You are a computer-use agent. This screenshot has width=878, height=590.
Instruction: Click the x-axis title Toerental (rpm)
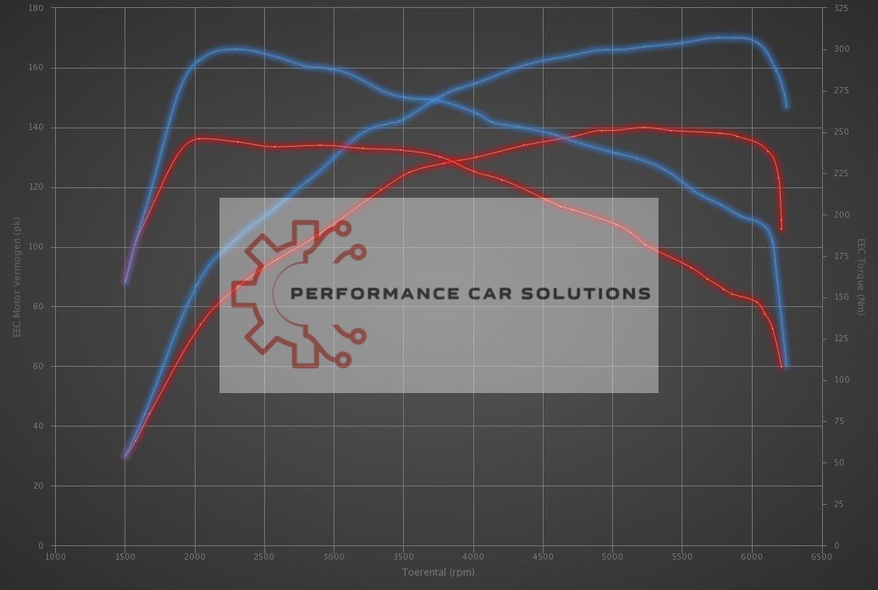point(437,572)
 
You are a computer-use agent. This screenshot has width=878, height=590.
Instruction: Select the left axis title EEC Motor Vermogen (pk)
point(16,277)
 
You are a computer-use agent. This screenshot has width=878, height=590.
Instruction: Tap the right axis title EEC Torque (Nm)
point(860,277)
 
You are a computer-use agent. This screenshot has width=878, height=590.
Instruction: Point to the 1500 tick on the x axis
point(125,557)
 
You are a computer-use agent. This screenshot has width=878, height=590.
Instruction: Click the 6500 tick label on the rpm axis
point(821,557)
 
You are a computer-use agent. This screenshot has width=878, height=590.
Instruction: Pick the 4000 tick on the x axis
point(473,557)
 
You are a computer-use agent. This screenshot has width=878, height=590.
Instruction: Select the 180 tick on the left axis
point(38,8)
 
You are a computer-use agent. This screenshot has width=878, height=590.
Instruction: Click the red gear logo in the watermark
point(299,294)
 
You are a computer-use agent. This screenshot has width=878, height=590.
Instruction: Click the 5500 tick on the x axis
point(682,557)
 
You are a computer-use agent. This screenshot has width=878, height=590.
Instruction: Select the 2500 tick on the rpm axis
point(264,557)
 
